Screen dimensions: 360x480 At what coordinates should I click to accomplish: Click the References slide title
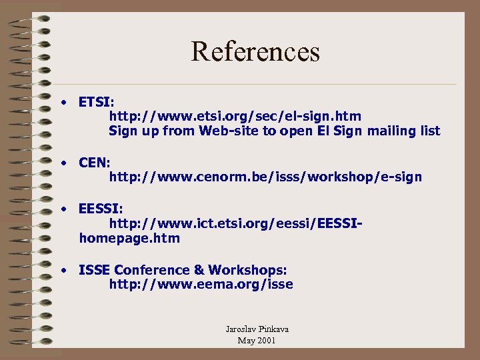point(255,51)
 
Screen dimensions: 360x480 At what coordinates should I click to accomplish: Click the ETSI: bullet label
point(96,103)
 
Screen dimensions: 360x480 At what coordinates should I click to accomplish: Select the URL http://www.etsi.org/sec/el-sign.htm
point(235,117)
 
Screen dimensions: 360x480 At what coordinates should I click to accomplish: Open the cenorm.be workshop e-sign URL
point(265,177)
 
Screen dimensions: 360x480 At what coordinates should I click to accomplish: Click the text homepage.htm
point(129,238)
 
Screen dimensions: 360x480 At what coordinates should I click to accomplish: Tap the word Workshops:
point(247,270)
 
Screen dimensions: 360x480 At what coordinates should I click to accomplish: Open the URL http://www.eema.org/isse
point(201,285)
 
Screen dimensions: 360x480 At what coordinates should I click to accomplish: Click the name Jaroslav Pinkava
point(257,329)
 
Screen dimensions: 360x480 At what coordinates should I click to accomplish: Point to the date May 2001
point(257,341)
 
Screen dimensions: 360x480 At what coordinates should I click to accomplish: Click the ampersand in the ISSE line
point(198,270)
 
